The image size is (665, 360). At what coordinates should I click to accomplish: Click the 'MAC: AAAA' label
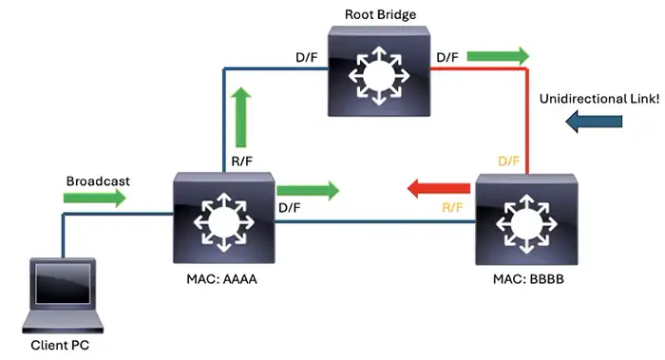pyautogui.click(x=224, y=281)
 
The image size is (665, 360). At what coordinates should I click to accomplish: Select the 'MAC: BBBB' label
pyautogui.click(x=524, y=281)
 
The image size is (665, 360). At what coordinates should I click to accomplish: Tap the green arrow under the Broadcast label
pyautogui.click(x=93, y=198)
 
